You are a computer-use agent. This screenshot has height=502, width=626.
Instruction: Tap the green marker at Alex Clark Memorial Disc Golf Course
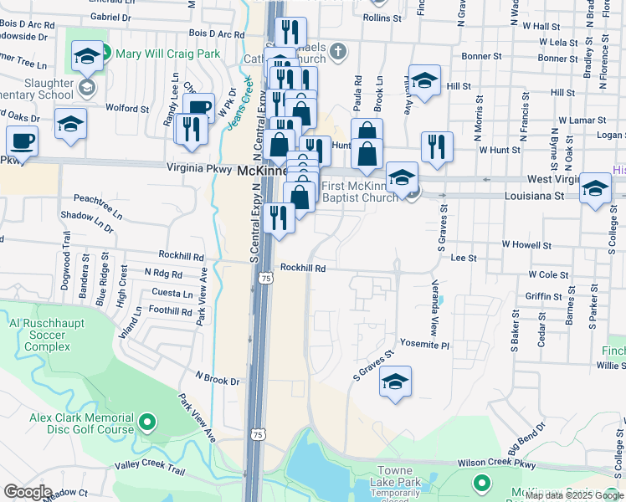[147, 423]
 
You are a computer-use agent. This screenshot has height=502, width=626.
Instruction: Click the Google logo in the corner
[27, 492]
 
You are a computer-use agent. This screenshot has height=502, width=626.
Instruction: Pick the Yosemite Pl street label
[425, 345]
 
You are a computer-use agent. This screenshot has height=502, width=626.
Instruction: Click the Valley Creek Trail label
[148, 467]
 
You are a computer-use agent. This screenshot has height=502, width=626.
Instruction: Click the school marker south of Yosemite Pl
[395, 382]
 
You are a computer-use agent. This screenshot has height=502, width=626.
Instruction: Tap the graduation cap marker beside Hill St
[424, 81]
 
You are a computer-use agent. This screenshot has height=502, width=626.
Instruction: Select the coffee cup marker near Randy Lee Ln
[199, 108]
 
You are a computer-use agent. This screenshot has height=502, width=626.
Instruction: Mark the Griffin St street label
[544, 296]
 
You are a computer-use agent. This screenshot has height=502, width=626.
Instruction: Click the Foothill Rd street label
[171, 311]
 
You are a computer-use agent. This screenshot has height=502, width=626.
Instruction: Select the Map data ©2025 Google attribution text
[575, 495]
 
